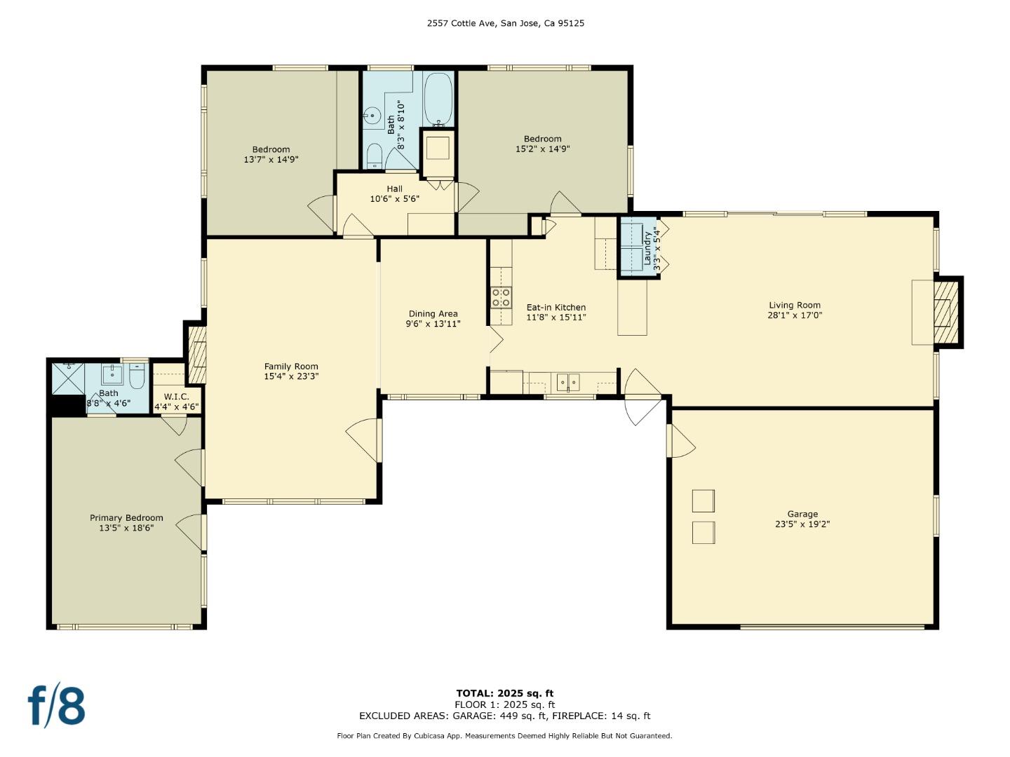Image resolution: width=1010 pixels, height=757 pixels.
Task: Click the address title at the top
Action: (505, 23)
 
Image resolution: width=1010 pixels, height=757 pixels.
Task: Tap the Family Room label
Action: (291, 367)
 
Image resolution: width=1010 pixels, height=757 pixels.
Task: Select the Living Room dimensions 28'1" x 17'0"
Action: (795, 315)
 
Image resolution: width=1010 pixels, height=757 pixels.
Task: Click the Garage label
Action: (802, 514)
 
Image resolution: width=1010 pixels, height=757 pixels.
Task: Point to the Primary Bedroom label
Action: (126, 517)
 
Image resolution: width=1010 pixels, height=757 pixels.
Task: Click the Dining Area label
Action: (433, 314)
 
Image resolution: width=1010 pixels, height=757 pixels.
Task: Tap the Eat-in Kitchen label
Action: (555, 307)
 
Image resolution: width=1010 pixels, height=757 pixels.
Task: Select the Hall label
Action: (394, 189)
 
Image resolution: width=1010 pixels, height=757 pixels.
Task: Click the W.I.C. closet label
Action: (176, 397)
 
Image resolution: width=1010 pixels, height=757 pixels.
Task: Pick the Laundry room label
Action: (647, 248)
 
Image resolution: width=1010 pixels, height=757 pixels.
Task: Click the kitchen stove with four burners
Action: (501, 297)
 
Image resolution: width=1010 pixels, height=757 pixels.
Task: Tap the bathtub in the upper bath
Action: (438, 99)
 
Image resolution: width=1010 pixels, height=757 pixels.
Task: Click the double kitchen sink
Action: (568, 383)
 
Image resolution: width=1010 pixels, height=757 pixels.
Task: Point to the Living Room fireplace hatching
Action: (945, 312)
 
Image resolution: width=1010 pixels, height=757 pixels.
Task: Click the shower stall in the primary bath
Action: (69, 378)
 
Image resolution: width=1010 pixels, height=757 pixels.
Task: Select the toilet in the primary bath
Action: (137, 376)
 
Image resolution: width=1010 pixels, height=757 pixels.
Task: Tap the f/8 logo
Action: (56, 707)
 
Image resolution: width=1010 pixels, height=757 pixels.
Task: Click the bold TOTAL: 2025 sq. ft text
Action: (505, 693)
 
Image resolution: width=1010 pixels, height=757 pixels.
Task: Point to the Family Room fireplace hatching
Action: (197, 354)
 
